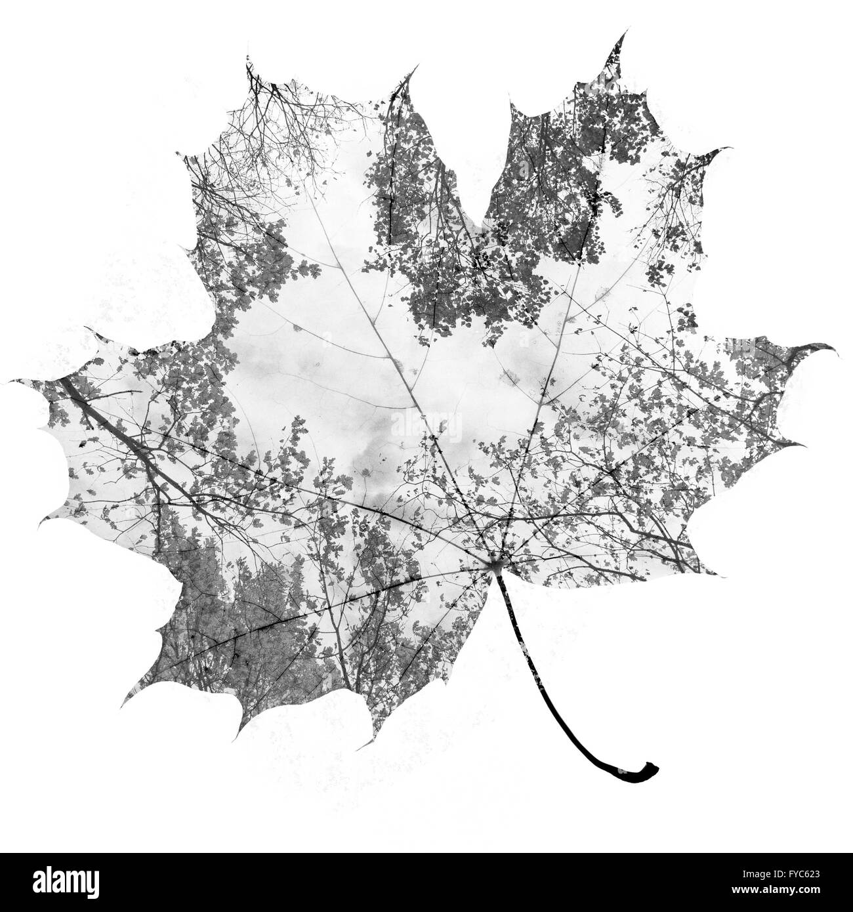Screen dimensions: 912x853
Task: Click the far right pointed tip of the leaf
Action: coord(838,355)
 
